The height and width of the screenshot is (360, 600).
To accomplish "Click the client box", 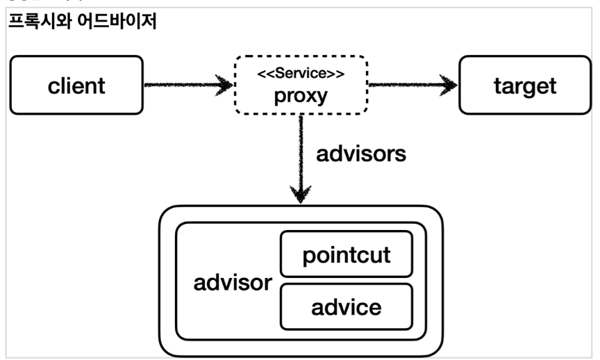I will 77,85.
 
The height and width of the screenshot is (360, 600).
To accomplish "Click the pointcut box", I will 346,255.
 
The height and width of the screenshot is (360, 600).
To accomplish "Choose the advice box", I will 346,306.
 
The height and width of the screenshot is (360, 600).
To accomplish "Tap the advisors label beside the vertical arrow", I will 361,154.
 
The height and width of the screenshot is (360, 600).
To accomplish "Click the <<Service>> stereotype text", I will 301,73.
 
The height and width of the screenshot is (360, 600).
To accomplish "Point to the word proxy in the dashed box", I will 301,95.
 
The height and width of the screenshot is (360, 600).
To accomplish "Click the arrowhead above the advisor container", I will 301,192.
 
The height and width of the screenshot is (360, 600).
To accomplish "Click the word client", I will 77,85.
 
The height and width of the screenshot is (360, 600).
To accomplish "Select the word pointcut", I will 346,255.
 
